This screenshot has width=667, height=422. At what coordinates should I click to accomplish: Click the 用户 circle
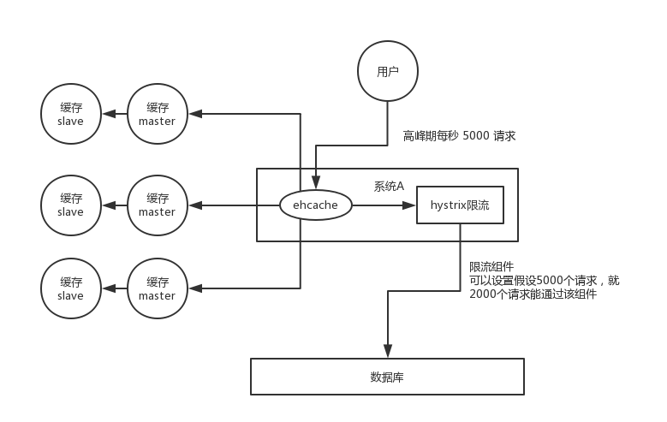pos(388,72)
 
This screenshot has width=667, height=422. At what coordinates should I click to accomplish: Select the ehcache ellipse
pos(316,205)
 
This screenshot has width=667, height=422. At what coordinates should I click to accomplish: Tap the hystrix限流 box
pos(460,206)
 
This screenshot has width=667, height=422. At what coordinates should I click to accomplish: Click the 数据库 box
pos(387,377)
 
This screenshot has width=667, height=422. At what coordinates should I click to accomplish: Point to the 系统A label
pos(389,186)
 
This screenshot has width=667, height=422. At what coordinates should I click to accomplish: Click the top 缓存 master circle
pos(157,115)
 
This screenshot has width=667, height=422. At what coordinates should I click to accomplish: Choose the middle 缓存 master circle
pos(157,205)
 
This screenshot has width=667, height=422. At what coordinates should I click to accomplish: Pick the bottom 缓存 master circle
pos(157,288)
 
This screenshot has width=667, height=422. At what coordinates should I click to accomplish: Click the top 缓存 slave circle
pos(71,115)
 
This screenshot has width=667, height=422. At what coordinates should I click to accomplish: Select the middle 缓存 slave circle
pos(71,205)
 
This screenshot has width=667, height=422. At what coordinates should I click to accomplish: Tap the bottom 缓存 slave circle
pos(71,288)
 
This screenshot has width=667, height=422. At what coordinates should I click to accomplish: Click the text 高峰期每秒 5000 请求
pos(460,136)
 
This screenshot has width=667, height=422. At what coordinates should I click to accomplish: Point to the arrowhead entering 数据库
pos(388,351)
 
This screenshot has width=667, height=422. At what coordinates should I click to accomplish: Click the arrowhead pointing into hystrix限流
pos(410,205)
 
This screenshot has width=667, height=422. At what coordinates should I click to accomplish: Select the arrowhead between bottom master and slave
pos(107,288)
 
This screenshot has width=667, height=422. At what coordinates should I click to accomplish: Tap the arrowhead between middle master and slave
pos(107,205)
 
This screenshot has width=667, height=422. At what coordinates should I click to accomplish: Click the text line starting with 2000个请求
pos(533,294)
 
